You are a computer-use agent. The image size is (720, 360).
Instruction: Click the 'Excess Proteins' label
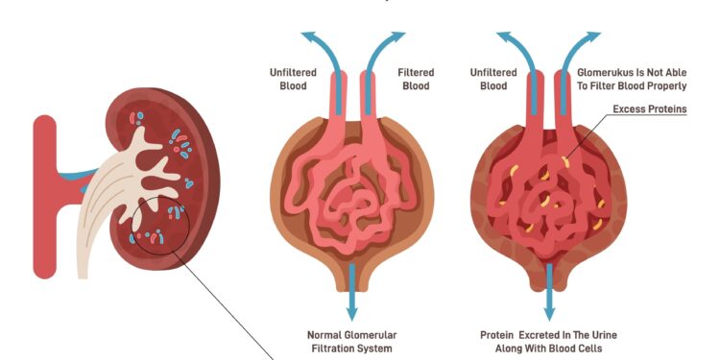click(649, 109)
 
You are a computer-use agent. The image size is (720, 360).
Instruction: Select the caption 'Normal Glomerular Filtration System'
click(351, 343)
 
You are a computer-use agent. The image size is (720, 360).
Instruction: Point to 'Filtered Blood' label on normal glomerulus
click(416, 79)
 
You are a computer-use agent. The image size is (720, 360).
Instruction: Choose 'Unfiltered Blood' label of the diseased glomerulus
click(493, 79)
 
